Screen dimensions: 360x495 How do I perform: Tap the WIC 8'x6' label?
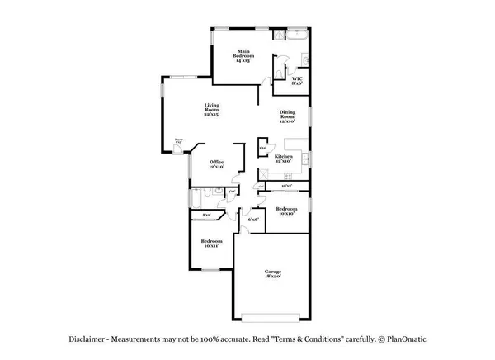point(298,80)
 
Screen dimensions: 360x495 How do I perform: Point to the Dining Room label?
point(286,117)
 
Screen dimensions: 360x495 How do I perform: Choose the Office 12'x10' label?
point(216,164)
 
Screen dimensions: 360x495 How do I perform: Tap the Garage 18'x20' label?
point(273,273)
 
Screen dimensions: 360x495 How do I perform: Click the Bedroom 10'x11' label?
point(210,244)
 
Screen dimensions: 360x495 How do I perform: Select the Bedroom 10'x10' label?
point(286,211)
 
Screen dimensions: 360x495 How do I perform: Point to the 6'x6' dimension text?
point(254,219)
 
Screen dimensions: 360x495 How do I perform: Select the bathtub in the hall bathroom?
point(196,198)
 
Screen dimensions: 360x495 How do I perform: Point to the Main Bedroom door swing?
point(266,80)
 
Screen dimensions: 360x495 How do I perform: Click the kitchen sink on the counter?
point(304,157)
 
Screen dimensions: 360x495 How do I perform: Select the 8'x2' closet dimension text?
point(206,216)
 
